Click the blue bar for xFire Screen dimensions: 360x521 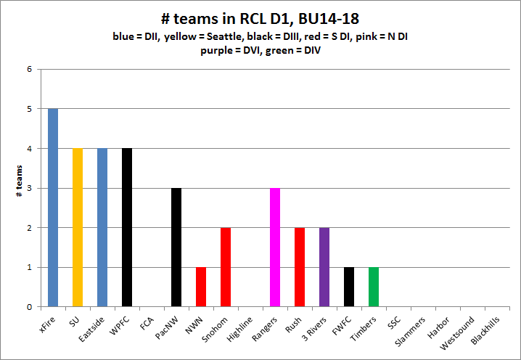(x=53, y=208)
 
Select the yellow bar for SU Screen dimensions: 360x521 (x=78, y=227)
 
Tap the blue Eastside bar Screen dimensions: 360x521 (x=102, y=227)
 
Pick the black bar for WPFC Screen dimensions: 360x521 (x=127, y=227)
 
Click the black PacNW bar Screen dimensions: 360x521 (x=176, y=247)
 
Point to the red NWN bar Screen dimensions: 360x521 (x=201, y=287)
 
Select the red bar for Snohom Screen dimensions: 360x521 (x=226, y=267)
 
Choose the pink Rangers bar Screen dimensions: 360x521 (x=275, y=247)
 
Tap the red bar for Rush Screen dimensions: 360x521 (x=300, y=267)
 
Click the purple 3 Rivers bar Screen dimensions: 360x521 (x=324, y=267)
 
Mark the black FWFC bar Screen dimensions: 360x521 (x=349, y=287)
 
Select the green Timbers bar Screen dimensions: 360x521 (x=374, y=287)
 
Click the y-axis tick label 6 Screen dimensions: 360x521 (x=30, y=70)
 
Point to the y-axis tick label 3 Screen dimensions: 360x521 (x=30, y=188)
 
